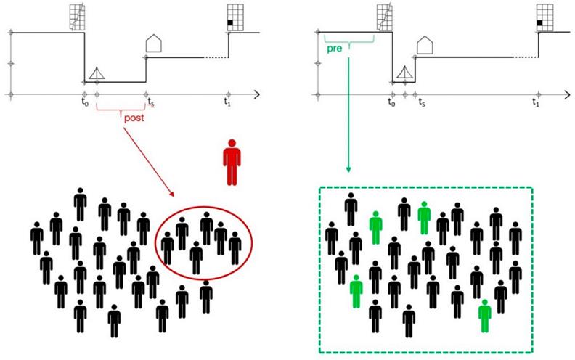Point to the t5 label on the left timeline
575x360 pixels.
(150, 103)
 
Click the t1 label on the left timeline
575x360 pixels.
(228, 103)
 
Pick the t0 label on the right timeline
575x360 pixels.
(392, 103)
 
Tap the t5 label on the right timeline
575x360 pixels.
(420, 103)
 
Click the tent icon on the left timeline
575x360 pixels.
(95, 73)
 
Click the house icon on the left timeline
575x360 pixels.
(153, 43)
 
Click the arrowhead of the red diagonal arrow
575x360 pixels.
(172, 195)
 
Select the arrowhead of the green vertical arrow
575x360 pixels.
(348, 171)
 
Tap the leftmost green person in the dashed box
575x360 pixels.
(356, 290)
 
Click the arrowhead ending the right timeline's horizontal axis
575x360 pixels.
(567, 94)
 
